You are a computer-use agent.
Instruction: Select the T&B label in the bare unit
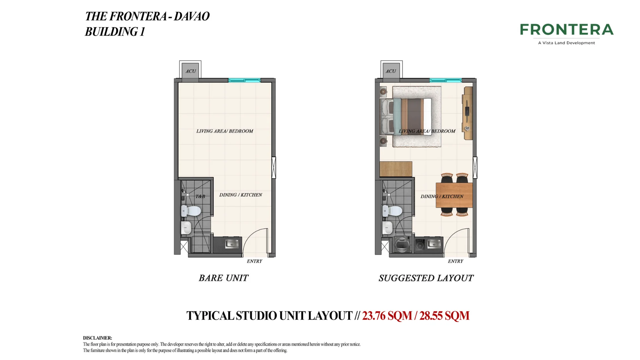point(200,196)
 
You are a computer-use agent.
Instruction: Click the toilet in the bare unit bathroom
point(191,211)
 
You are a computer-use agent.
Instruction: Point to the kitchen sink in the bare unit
point(232,244)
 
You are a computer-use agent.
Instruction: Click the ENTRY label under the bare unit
point(254,261)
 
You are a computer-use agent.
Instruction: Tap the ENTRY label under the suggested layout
point(455,261)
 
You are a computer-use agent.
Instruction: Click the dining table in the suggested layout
point(454,195)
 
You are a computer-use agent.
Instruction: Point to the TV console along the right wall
point(467,113)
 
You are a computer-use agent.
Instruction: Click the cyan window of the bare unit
point(244,80)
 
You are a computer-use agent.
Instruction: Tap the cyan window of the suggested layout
point(445,80)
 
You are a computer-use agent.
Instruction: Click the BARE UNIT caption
point(224,278)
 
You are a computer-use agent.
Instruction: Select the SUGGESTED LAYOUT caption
point(426,278)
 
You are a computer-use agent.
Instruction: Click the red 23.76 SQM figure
point(387,316)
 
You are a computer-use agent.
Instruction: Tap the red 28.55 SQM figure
point(444,316)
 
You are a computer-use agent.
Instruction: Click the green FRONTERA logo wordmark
point(567,29)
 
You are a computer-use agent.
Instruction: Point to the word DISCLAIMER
point(97,338)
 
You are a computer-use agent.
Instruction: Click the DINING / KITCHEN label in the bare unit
point(241,195)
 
